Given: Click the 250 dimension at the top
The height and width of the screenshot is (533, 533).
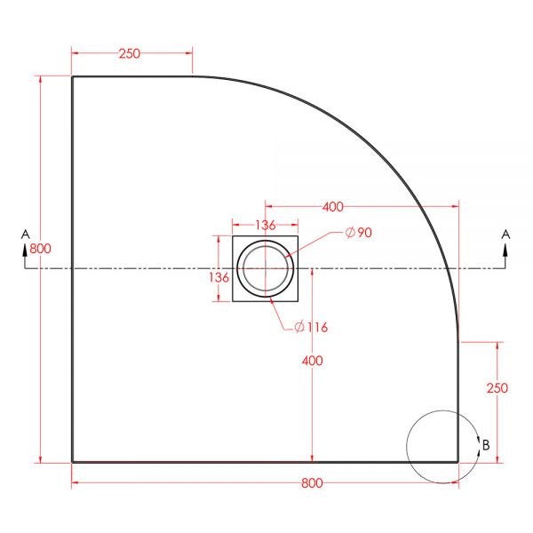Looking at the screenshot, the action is pyautogui.click(x=129, y=53).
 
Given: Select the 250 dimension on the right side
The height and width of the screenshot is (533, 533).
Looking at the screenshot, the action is pyautogui.click(x=497, y=388).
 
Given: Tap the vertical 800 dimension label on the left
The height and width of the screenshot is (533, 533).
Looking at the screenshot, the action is pyautogui.click(x=40, y=249).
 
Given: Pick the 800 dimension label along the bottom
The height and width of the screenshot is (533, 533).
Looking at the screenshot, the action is pyautogui.click(x=312, y=483).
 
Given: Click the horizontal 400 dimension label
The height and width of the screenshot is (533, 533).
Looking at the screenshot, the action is pyautogui.click(x=333, y=207).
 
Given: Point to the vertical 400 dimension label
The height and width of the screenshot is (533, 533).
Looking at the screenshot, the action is pyautogui.click(x=313, y=361).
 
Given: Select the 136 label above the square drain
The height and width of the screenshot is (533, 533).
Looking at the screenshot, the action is pyautogui.click(x=265, y=225).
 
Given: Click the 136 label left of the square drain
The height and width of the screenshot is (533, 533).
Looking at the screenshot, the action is pyautogui.click(x=219, y=278).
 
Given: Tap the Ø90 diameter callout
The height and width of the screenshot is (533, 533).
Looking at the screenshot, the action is pyautogui.click(x=359, y=233).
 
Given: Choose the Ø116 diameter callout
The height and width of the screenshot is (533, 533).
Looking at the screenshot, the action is pyautogui.click(x=311, y=327).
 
